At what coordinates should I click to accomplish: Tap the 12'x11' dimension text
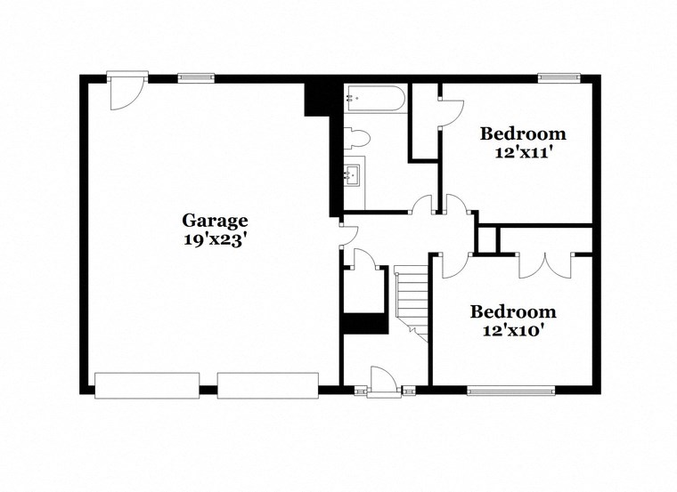523,152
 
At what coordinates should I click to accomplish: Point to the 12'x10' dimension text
513,329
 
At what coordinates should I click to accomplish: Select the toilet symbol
358,139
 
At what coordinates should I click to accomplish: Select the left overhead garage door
147,385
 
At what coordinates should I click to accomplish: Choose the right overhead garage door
267,385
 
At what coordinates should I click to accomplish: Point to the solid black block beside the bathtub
318,98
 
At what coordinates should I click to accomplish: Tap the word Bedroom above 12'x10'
513,312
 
